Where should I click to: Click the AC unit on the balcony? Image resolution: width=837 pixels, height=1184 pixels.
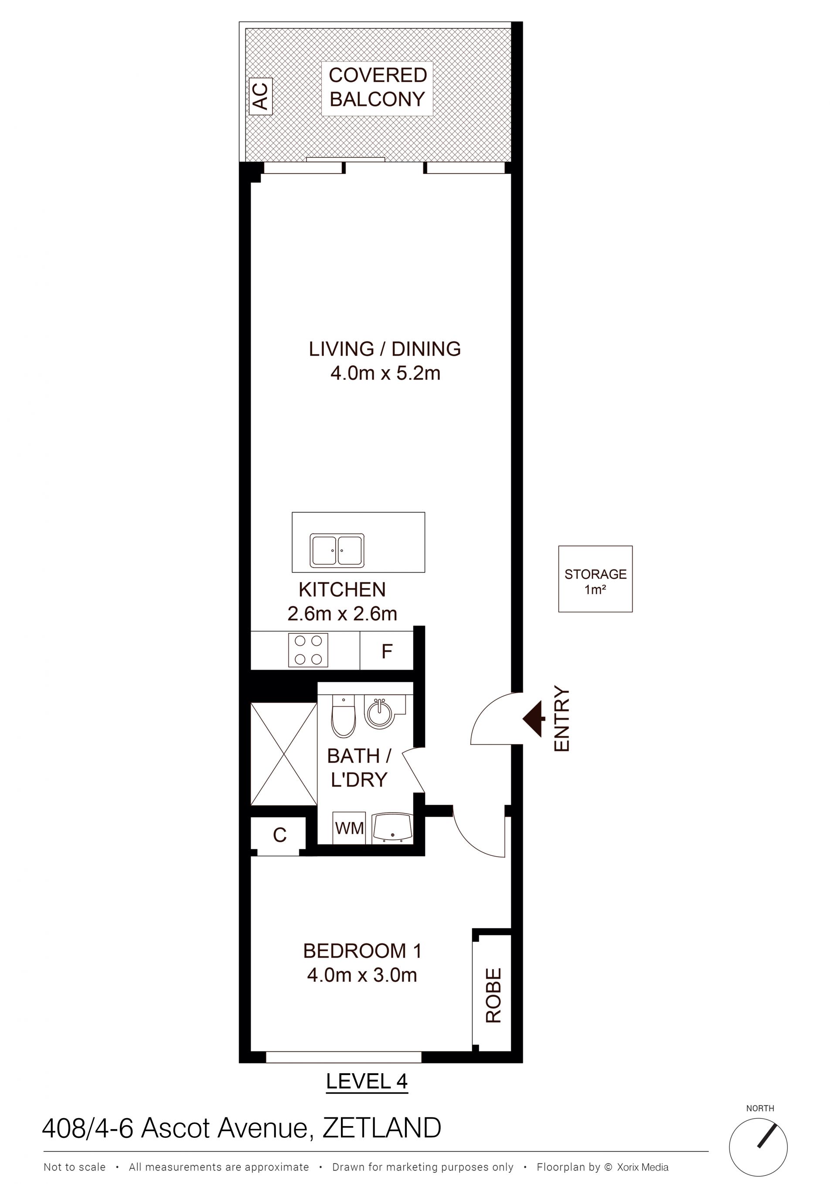coord(260,96)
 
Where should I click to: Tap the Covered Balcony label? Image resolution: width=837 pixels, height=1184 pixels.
coord(378,87)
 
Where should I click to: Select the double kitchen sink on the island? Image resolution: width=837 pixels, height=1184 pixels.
coord(337,550)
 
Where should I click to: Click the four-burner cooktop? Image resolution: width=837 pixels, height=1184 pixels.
coord(308,649)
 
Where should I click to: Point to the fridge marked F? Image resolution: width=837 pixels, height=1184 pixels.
coord(387,651)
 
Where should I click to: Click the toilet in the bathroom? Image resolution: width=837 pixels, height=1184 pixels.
coord(344,716)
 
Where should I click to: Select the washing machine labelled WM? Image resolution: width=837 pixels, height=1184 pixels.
coord(349,829)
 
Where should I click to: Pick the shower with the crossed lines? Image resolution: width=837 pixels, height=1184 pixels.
coord(284,753)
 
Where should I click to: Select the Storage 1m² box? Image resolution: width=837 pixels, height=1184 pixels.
coord(595,579)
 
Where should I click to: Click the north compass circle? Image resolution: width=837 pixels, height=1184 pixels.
coord(758,1147)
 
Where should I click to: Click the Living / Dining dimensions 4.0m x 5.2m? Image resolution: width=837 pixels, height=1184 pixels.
coord(385,373)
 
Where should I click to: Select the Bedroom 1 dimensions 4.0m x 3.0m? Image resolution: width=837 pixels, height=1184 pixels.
coord(362,975)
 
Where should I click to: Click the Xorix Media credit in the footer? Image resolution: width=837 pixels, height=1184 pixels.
coord(643,1167)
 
